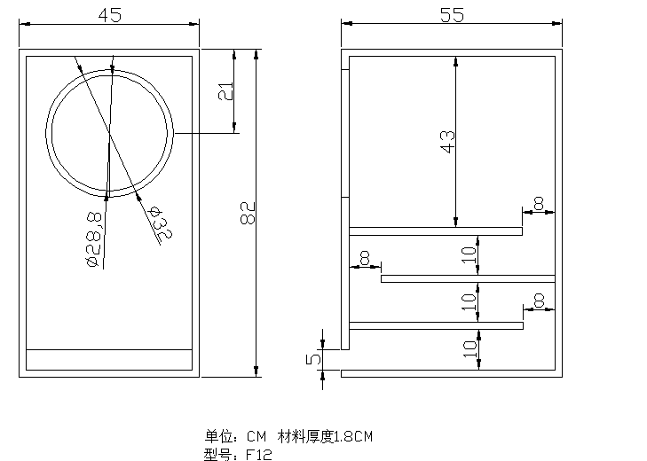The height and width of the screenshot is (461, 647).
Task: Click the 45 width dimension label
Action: click(x=110, y=15)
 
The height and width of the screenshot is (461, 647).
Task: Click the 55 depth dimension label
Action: click(x=452, y=15)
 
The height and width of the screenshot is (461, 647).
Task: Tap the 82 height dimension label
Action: click(x=248, y=213)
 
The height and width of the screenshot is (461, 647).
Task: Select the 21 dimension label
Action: click(x=225, y=91)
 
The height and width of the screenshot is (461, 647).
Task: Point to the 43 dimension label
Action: click(x=447, y=142)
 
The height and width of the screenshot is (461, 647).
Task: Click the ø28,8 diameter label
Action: click(x=94, y=239)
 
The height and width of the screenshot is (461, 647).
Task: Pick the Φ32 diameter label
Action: click(x=161, y=223)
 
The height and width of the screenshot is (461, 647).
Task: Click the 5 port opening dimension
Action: click(x=313, y=359)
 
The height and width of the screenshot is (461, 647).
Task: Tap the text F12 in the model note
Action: click(x=259, y=455)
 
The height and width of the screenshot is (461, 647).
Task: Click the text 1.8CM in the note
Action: click(x=353, y=437)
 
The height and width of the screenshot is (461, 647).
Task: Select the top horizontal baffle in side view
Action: click(x=436, y=231)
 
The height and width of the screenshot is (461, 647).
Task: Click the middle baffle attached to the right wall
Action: click(x=468, y=278)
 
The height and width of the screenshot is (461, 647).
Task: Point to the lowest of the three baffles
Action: click(x=436, y=325)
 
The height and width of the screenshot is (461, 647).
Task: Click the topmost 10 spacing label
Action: click(x=469, y=255)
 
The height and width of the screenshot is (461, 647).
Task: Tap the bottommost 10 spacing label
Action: click(x=469, y=348)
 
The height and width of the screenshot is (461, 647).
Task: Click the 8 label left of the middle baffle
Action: click(x=365, y=258)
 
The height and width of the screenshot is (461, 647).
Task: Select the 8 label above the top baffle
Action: click(x=539, y=203)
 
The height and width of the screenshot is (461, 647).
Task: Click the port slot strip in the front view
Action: click(x=109, y=360)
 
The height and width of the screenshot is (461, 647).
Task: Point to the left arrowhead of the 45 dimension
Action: click(x=25, y=24)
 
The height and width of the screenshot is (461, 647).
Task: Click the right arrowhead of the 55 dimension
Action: click(x=556, y=24)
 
